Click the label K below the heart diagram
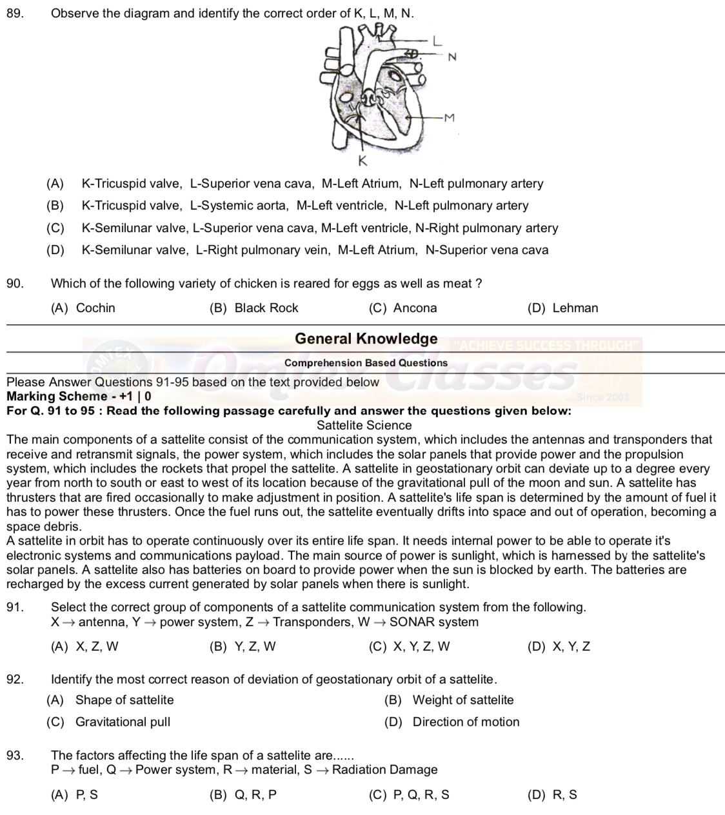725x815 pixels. [x=362, y=161]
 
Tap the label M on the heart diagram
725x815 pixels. [x=450, y=118]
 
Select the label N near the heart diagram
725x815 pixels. [x=452, y=57]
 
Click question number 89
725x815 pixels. [x=15, y=13]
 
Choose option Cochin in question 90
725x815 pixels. [x=95, y=308]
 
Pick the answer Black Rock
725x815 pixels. [x=266, y=308]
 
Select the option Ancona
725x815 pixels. [x=415, y=308]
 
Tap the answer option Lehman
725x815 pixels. [x=575, y=308]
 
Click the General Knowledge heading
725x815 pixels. [x=366, y=339]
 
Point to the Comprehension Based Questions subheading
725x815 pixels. [x=366, y=363]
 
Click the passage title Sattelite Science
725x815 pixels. [x=364, y=426]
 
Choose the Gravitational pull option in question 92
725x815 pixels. [x=123, y=722]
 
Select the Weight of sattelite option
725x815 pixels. [x=462, y=700]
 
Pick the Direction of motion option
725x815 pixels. [x=466, y=722]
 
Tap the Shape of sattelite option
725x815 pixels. [x=124, y=700]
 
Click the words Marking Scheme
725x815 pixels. [x=57, y=397]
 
